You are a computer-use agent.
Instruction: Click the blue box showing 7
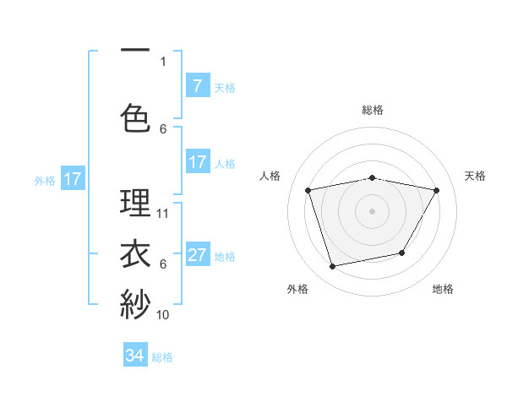197,86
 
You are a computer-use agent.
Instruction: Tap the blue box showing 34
135,356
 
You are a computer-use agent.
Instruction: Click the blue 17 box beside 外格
72,179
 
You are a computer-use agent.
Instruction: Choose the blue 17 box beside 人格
197,162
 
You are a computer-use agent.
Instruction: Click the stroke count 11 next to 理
164,213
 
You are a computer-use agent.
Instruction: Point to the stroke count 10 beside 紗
164,314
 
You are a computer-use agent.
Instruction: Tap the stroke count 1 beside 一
163,61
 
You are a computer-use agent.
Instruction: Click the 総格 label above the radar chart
373,110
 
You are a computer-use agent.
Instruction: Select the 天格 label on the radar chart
475,176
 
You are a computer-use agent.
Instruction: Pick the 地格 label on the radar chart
443,289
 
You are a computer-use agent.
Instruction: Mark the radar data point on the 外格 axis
333,267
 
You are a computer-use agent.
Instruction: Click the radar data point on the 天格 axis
437,191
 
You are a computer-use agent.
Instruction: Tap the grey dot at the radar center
373,210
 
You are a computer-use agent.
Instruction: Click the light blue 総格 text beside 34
162,357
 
